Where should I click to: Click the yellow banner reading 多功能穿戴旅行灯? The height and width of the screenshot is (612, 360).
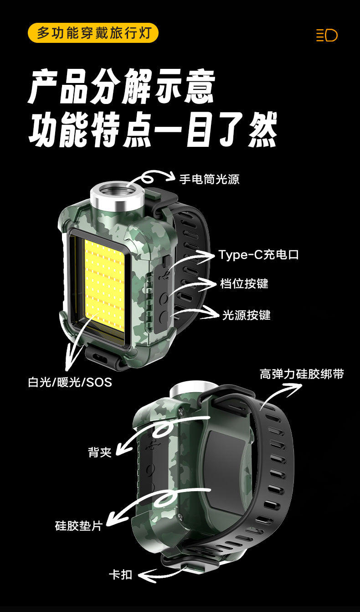click(93, 33)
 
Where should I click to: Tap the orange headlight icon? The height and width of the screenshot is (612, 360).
click(327, 35)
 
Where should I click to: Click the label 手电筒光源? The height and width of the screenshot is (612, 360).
click(209, 179)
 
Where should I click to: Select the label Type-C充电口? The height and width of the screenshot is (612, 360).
click(258, 254)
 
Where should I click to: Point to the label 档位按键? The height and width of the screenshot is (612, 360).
click(244, 283)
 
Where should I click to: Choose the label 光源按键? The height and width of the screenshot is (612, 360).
click(246, 315)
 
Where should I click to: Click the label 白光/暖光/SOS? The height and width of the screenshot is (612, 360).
click(70, 382)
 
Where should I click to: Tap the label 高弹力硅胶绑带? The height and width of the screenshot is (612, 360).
click(302, 374)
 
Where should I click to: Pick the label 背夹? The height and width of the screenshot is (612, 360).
click(100, 452)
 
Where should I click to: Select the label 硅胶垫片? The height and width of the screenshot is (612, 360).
click(79, 525)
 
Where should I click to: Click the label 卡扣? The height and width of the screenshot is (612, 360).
click(120, 575)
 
